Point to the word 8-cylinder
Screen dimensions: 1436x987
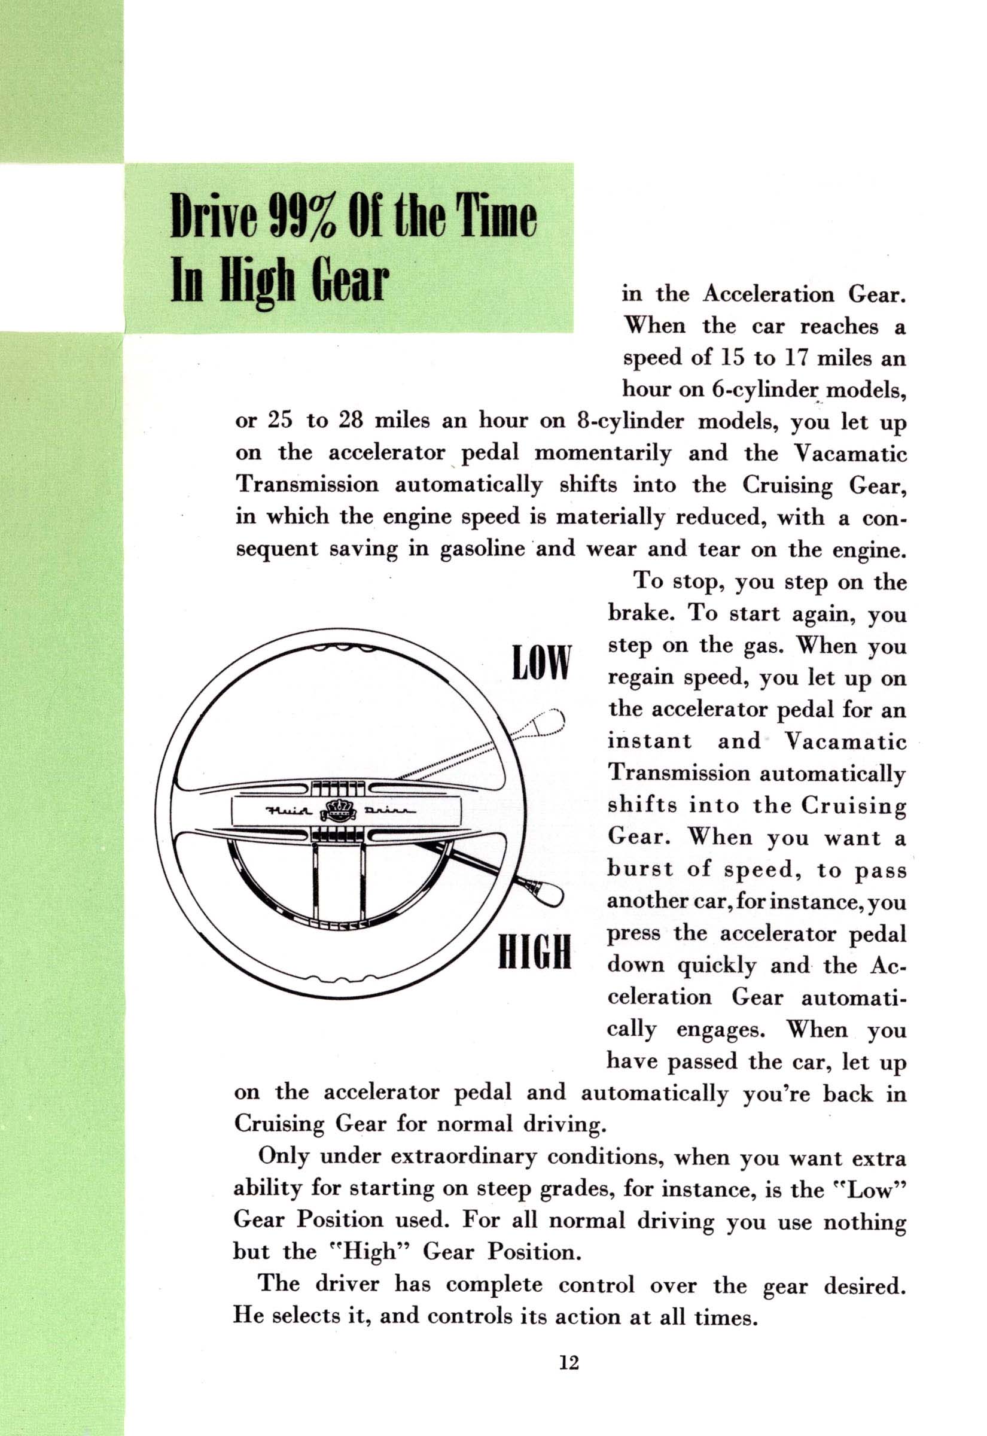tap(626, 422)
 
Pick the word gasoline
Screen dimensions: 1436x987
tap(482, 550)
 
